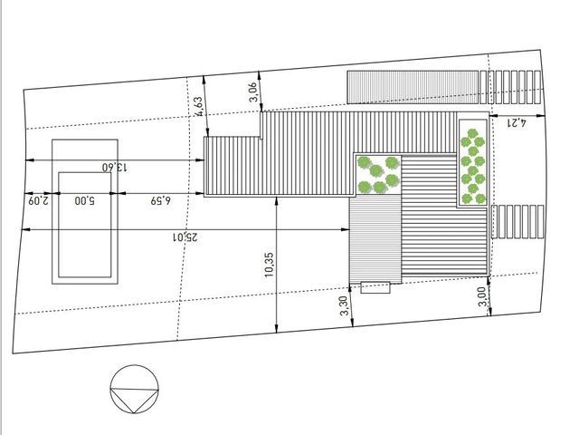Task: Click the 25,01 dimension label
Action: pyautogui.click(x=185, y=237)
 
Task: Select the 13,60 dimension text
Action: pyautogui.click(x=115, y=167)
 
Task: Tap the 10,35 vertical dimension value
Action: pyautogui.click(x=269, y=265)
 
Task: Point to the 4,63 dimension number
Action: pyautogui.click(x=198, y=107)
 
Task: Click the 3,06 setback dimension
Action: pyautogui.click(x=252, y=92)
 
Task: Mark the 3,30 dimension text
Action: pyautogui.click(x=344, y=305)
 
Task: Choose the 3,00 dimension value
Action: pyautogui.click(x=482, y=296)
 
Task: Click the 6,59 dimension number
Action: pyautogui.click(x=161, y=200)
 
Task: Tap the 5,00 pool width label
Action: pyautogui.click(x=84, y=200)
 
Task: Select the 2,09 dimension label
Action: pyautogui.click(x=38, y=200)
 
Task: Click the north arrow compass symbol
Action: pyautogui.click(x=135, y=389)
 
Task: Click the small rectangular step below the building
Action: pyautogui.click(x=375, y=287)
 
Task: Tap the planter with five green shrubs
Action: pyautogui.click(x=378, y=175)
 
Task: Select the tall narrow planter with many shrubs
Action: pyautogui.click(x=472, y=163)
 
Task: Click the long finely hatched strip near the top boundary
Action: pyautogui.click(x=413, y=87)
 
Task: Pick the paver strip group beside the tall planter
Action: pyautogui.click(x=517, y=221)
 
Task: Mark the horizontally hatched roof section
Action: pyautogui.click(x=444, y=215)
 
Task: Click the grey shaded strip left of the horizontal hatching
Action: pyautogui.click(x=375, y=239)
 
